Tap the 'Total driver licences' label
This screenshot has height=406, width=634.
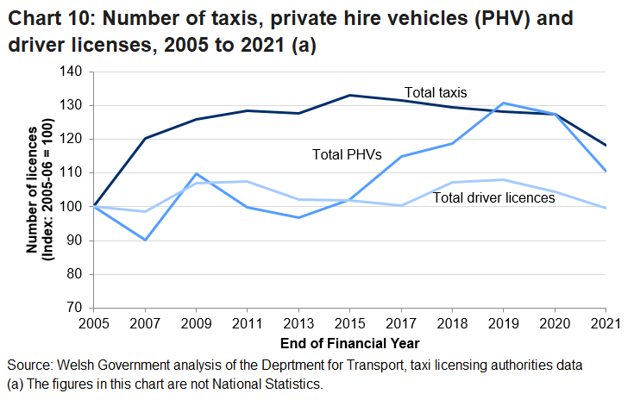click(x=493, y=198)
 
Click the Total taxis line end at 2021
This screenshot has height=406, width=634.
click(x=606, y=145)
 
